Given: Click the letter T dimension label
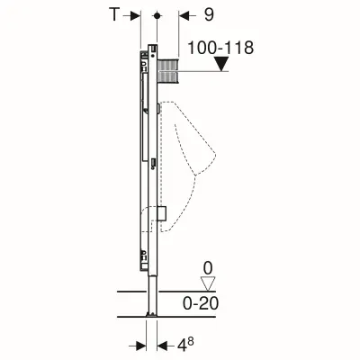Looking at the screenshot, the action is coord(114,14).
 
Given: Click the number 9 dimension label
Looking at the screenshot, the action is coord(209,14).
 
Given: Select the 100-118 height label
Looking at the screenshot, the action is coord(220,48).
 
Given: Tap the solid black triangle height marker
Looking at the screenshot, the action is coord(221,64).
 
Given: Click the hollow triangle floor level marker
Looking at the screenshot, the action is coord(208,283).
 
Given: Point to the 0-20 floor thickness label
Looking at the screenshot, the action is coord(201,303).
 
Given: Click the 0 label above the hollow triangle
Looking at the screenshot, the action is coord(208,269).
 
